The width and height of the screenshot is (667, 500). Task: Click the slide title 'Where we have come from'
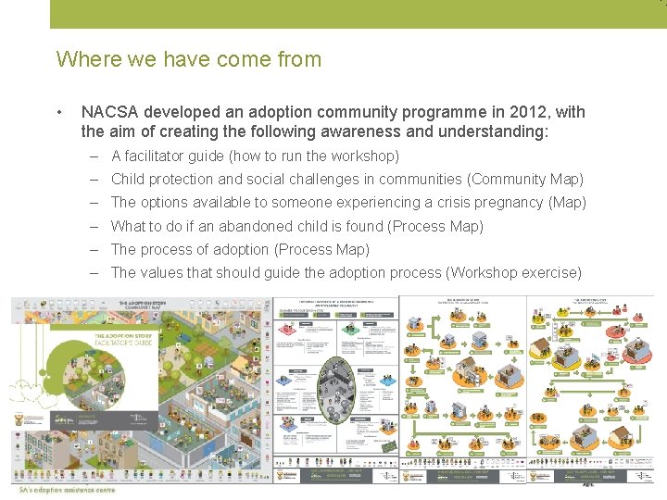pos(188,59)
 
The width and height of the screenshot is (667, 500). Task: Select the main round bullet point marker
pos(60,113)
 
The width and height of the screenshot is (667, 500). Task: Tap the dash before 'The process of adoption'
pos(95,249)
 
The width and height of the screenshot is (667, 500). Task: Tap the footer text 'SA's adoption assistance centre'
pos(68,489)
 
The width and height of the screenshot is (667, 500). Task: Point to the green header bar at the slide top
pos(357,14)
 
